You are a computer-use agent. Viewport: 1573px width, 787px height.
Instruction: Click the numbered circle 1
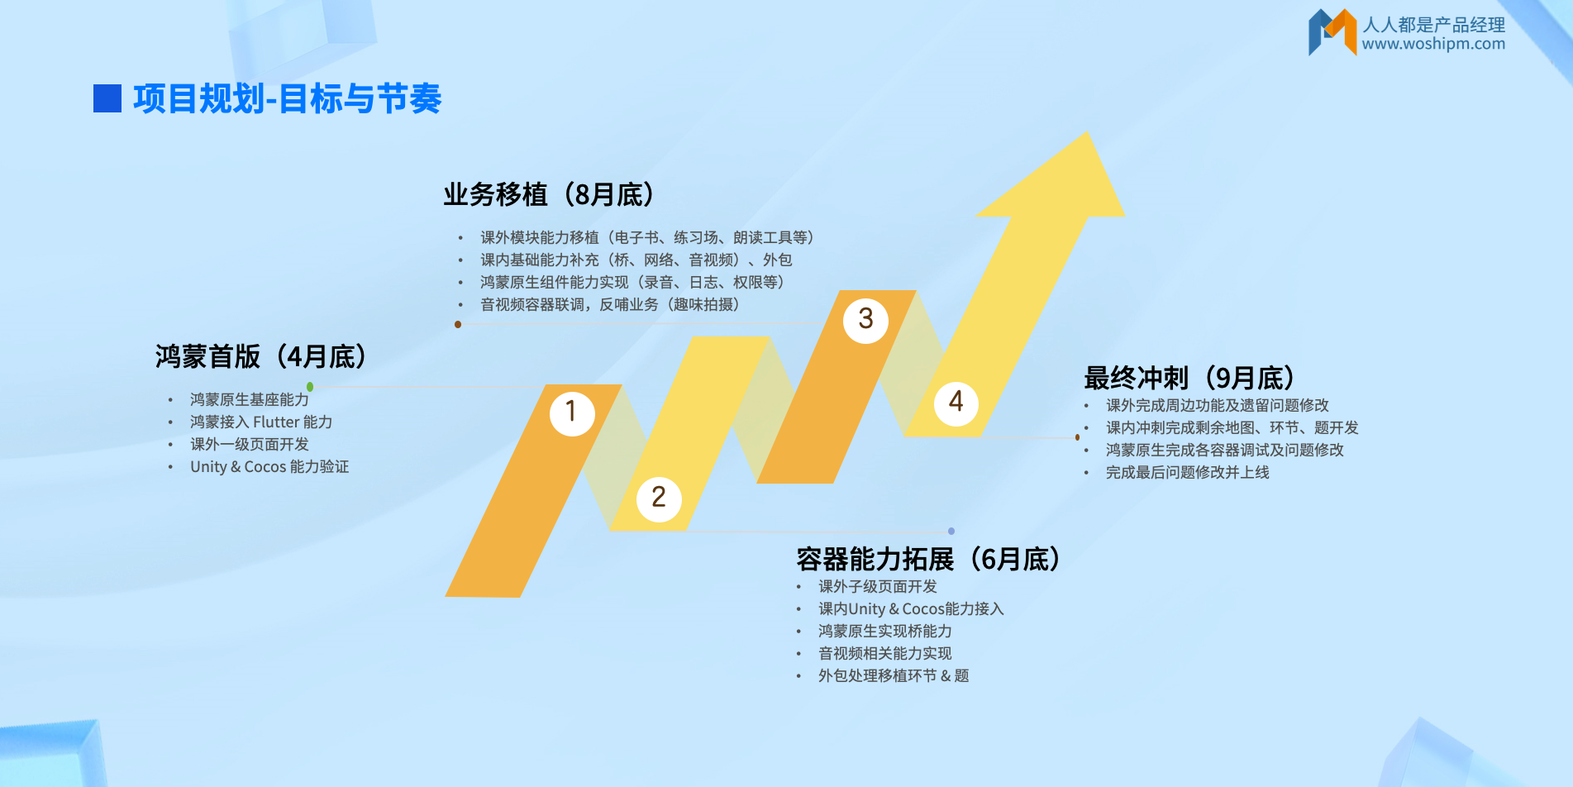click(x=572, y=413)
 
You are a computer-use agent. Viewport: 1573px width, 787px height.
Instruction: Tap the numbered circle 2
click(x=659, y=498)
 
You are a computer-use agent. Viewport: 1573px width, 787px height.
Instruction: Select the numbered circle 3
click(x=865, y=320)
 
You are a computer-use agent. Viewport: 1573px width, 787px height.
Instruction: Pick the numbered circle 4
click(x=956, y=403)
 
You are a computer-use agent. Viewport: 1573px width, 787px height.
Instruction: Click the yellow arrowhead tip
click(x=1088, y=133)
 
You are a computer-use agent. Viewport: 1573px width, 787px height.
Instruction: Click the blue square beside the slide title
click(x=107, y=98)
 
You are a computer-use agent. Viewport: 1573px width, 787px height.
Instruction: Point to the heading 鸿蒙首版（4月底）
click(x=260, y=357)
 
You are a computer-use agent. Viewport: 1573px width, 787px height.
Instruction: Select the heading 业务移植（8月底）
click(x=549, y=195)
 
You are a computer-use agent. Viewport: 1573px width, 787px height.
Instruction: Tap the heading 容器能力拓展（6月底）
click(x=928, y=560)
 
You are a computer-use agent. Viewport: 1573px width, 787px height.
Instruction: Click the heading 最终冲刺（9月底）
click(x=1189, y=379)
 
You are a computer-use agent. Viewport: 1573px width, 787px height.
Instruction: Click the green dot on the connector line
click(x=310, y=387)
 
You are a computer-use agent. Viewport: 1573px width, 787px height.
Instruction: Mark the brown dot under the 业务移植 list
click(x=458, y=324)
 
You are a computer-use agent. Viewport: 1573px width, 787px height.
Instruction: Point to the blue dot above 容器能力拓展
click(x=951, y=531)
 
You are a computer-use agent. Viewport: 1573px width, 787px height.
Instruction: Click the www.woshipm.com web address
click(x=1433, y=44)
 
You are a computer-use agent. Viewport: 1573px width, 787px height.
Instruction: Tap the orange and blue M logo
click(x=1332, y=32)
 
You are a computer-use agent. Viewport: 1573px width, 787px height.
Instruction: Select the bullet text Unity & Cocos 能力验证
click(x=269, y=467)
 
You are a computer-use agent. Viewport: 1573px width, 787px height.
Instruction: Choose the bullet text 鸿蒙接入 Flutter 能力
click(x=261, y=422)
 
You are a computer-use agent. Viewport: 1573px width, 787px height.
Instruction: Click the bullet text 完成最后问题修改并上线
click(x=1188, y=473)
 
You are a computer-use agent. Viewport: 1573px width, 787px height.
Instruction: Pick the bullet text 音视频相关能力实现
click(x=885, y=654)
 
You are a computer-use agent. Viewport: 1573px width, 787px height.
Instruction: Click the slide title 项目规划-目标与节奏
click(x=288, y=99)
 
